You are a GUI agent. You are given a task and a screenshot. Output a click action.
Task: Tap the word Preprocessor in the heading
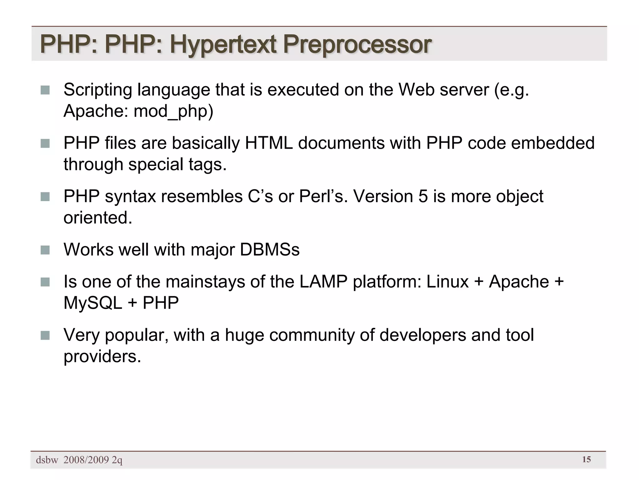357,45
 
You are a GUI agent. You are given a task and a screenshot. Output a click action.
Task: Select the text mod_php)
173,111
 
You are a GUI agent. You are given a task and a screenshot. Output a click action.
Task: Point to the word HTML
269,143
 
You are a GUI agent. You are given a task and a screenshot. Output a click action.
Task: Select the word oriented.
98,218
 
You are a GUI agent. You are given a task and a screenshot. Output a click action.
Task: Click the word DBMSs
270,250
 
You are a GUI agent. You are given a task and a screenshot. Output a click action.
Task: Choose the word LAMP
324,282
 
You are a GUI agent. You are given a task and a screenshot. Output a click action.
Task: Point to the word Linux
447,282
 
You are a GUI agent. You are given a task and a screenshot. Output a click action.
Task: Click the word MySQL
93,303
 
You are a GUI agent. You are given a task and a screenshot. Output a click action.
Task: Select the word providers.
102,356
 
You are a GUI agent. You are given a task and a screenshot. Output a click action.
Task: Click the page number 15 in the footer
586,459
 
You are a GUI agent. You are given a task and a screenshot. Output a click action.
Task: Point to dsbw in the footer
47,460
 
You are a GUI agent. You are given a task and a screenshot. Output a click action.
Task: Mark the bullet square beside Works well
45,250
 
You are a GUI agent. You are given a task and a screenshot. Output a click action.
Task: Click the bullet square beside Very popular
45,335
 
